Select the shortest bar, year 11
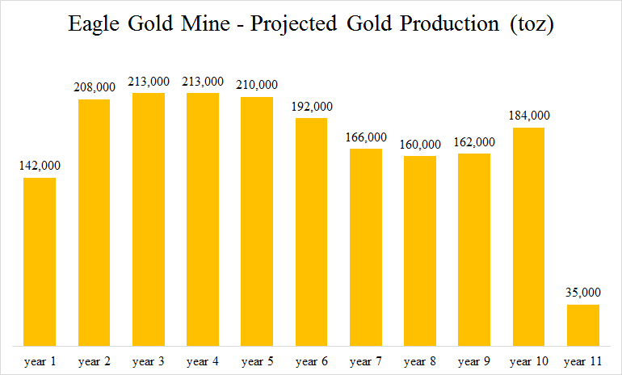[582, 325]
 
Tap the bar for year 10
[528, 236]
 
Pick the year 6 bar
[311, 231]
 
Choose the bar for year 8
[420, 251]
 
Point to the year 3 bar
[148, 219]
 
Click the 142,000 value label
[40, 166]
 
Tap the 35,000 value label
[582, 293]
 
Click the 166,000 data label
[366, 137]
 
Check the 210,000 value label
[257, 84]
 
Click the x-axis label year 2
[94, 360]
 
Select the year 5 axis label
[257, 360]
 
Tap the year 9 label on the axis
[474, 360]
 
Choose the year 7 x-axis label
[366, 360]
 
